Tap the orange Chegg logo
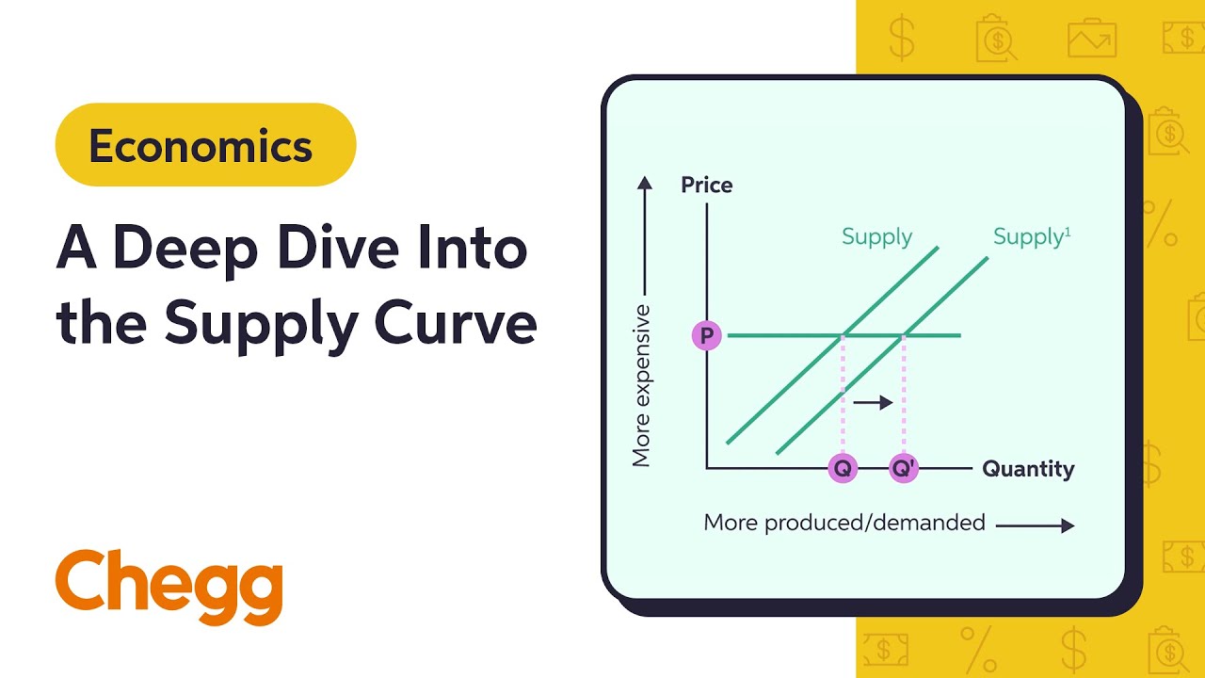coord(169,585)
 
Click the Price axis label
coord(706,186)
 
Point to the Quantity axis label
coord(1028,468)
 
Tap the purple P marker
coord(706,335)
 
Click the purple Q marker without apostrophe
coord(843,468)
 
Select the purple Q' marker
coord(904,468)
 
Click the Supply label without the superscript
coord(876,236)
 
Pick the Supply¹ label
coord(1032,236)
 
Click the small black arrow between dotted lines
coord(873,402)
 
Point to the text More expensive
coord(642,385)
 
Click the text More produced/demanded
coord(844,523)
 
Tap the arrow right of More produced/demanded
coord(1035,525)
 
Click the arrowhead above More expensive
coord(644,182)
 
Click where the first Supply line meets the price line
coord(843,335)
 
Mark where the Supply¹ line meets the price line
coord(905,335)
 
